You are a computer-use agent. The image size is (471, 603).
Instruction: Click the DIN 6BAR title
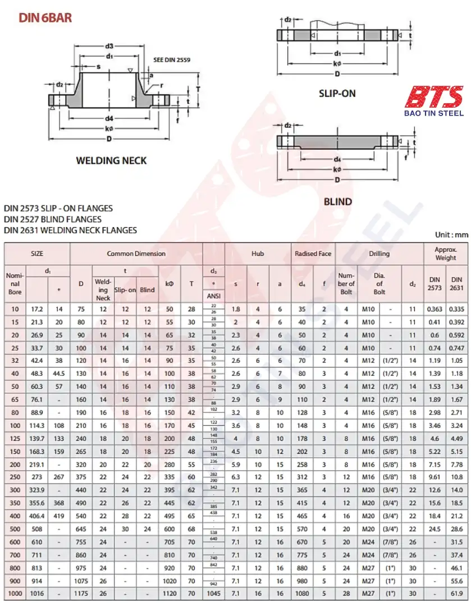click(45, 18)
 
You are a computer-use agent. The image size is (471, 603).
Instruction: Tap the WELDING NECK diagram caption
click(111, 161)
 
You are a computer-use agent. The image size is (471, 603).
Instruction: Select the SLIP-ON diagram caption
click(337, 94)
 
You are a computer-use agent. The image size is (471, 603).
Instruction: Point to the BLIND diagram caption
click(337, 201)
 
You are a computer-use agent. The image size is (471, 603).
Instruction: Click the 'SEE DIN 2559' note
click(172, 60)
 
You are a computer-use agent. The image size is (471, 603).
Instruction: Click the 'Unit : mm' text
click(451, 234)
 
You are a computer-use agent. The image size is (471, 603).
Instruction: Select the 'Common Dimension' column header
click(136, 254)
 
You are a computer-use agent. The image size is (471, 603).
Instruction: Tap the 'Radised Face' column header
click(313, 254)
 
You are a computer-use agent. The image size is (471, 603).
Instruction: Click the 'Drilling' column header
click(379, 254)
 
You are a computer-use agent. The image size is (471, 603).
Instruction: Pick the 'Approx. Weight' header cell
click(446, 254)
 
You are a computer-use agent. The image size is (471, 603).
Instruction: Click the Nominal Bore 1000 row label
click(15, 593)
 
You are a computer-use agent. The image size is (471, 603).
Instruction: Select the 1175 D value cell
click(81, 593)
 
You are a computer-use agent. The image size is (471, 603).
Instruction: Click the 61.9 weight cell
click(457, 593)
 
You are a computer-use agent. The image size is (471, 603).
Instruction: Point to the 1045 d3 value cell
click(213, 593)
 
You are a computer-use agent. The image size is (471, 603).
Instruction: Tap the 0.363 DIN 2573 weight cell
click(435, 309)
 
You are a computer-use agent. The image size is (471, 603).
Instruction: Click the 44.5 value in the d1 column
click(59, 373)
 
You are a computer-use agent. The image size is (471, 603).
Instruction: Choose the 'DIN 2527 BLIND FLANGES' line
click(53, 219)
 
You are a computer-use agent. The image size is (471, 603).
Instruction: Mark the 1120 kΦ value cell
click(170, 593)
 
